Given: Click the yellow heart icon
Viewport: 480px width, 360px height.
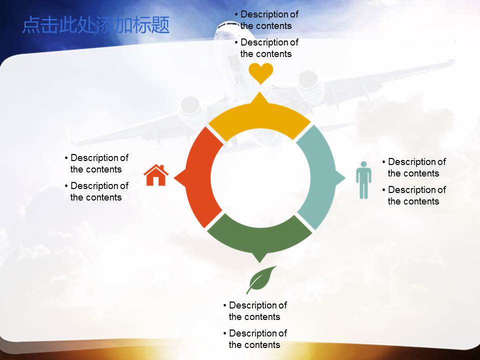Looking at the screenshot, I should pos(261,73).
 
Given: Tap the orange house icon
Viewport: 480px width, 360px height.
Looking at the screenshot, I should pos(156,175).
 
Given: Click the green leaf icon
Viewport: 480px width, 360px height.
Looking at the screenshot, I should pos(261,280).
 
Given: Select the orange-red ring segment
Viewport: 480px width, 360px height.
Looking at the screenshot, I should pos(199,177).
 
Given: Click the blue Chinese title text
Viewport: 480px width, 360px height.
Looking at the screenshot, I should pos(95,25).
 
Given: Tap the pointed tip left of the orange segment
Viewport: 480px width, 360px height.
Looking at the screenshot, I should pos(177,177).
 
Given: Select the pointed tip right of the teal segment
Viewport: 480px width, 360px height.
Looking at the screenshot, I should pos(342,177).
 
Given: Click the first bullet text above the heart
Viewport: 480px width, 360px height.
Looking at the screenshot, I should pos(269,20).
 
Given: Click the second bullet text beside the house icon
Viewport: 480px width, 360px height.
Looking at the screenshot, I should pos(99,191).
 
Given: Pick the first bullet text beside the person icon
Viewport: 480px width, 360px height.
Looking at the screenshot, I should pos(416,167).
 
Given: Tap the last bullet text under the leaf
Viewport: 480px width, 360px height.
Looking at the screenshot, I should pos(257,339).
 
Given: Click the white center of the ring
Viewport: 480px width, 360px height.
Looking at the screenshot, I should pos(259,177).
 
